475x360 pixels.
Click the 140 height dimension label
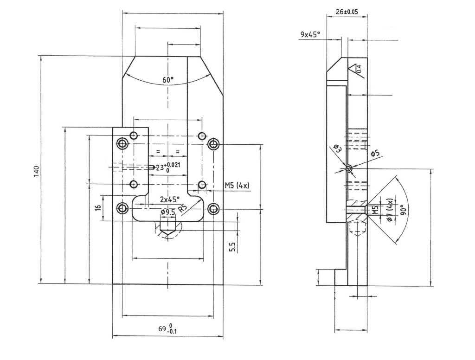36,171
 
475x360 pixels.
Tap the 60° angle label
168,80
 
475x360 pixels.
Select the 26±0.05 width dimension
347,12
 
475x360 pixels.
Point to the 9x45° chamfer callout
310,34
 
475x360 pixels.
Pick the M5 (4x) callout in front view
237,185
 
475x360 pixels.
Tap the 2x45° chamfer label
170,199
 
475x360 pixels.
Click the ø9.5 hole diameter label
168,212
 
